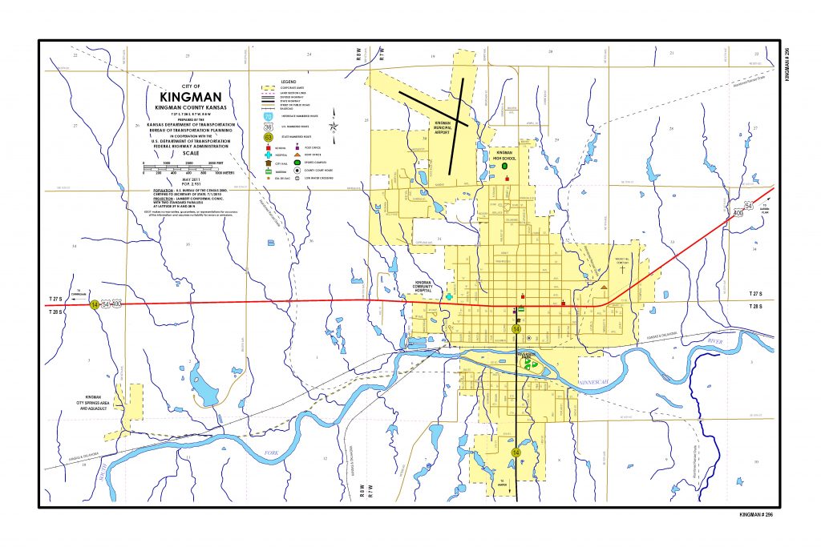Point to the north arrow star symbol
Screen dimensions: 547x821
pyautogui.click(x=334, y=125)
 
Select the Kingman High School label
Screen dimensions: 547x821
pyautogui.click(x=504, y=155)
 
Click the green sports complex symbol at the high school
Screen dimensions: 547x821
pyautogui.click(x=506, y=166)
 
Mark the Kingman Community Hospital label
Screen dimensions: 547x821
pyautogui.click(x=423, y=285)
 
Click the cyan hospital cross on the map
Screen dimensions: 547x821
pyautogui.click(x=449, y=296)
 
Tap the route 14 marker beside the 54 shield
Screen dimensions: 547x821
pyautogui.click(x=95, y=305)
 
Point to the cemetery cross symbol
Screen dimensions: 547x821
pyautogui.click(x=621, y=269)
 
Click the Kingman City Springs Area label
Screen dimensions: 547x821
pyautogui.click(x=93, y=402)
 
